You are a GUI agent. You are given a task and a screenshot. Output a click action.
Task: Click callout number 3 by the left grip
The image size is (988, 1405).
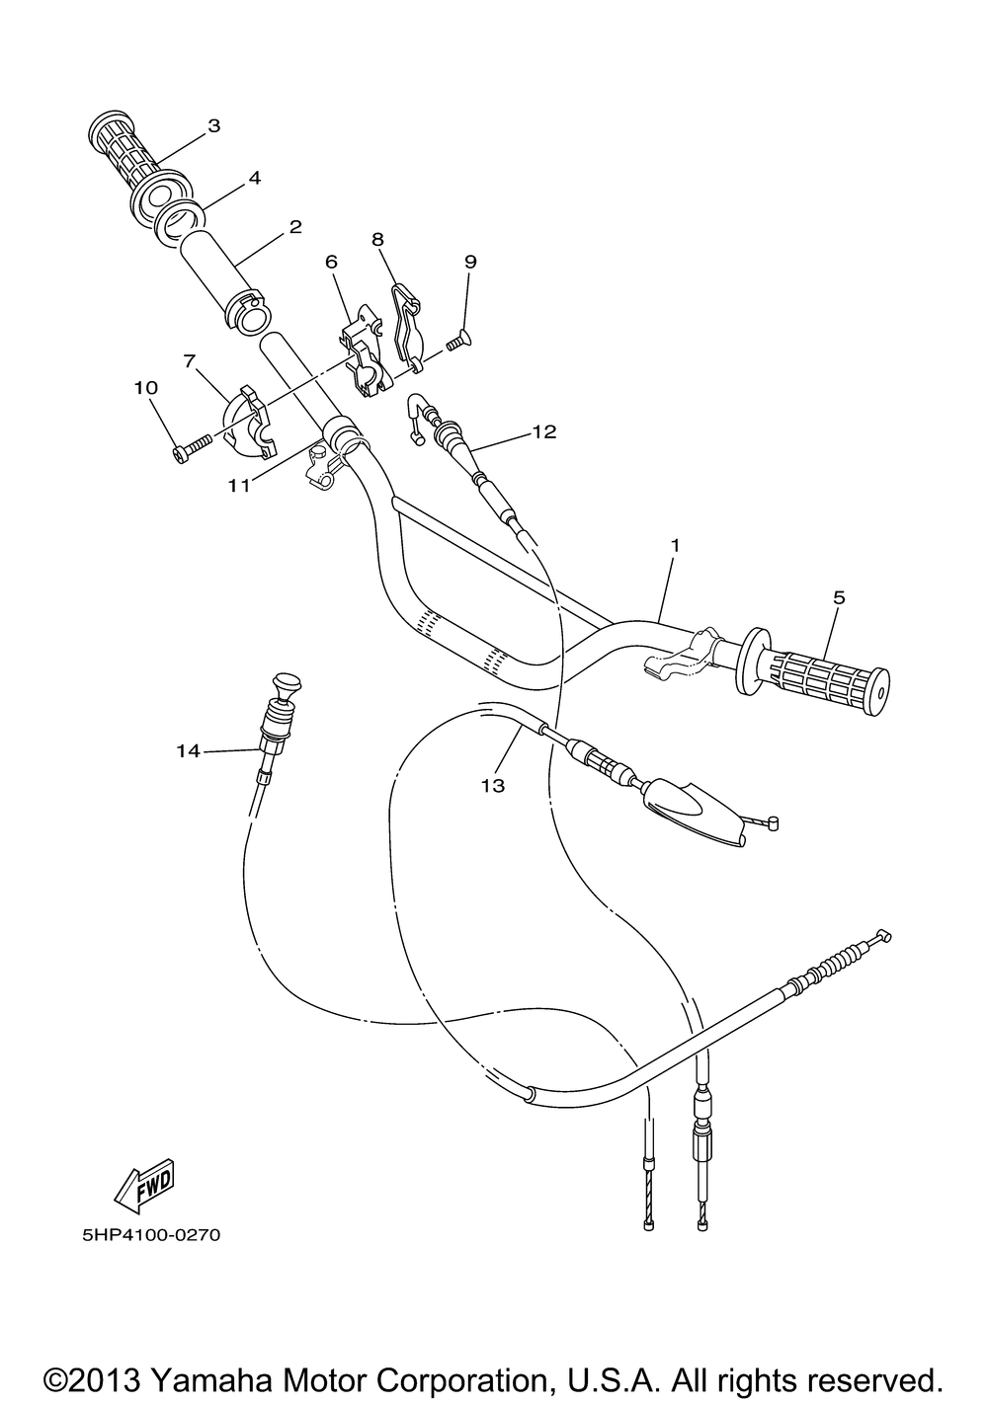click(x=213, y=125)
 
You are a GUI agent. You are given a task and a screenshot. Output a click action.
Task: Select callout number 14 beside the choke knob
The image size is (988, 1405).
click(x=189, y=751)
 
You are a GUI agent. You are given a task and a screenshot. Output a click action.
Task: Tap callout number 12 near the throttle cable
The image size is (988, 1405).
click(x=543, y=431)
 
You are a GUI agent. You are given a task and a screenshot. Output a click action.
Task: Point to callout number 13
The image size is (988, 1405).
click(x=493, y=786)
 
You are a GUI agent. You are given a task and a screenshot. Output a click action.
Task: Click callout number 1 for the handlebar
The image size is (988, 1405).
click(x=675, y=545)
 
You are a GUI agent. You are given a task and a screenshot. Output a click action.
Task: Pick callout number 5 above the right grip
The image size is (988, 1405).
click(x=839, y=596)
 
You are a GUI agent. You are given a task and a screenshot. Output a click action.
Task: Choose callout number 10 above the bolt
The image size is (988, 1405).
click(x=145, y=388)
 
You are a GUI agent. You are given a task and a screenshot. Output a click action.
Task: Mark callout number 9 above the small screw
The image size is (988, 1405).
click(x=470, y=261)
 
